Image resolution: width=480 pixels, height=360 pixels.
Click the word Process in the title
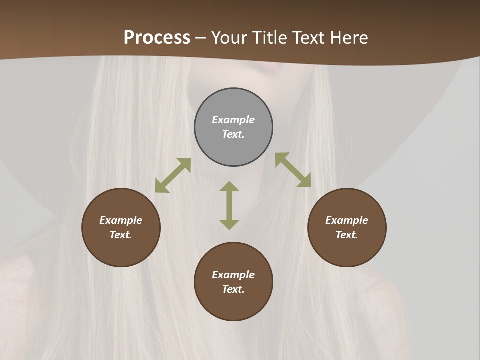[x=157, y=38]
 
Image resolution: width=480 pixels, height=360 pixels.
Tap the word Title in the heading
[x=270, y=38]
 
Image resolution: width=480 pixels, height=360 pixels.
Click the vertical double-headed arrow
[x=229, y=205]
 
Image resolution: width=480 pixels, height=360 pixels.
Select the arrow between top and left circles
[x=173, y=175]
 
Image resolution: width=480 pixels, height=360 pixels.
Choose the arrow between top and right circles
[x=293, y=170]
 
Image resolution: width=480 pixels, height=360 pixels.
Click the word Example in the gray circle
[x=233, y=120]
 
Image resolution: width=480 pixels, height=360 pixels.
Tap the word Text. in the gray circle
[x=233, y=134]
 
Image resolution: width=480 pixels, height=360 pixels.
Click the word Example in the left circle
[x=121, y=220]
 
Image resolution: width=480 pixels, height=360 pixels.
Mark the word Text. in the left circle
[x=121, y=235]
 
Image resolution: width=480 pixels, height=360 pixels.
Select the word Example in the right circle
[x=347, y=220]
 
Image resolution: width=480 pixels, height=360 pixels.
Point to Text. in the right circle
[x=347, y=235]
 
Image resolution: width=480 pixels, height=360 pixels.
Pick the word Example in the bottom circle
[x=233, y=275]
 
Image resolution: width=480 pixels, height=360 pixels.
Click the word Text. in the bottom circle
[x=233, y=289]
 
